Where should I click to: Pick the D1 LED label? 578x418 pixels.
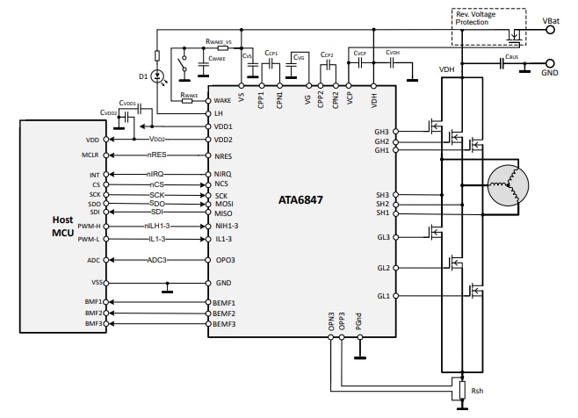(143, 77)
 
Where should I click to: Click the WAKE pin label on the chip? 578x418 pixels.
(223, 101)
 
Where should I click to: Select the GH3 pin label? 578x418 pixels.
(381, 132)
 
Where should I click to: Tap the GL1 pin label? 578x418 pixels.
(382, 296)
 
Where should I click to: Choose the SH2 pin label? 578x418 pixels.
(382, 204)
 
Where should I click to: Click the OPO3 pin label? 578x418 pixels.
(226, 260)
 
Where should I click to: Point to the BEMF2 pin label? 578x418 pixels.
(226, 313)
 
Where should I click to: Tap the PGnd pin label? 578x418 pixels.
(359, 322)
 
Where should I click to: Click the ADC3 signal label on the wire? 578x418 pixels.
(157, 260)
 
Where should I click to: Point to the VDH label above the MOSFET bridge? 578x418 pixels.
(447, 68)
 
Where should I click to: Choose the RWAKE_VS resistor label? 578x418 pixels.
(220, 40)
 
